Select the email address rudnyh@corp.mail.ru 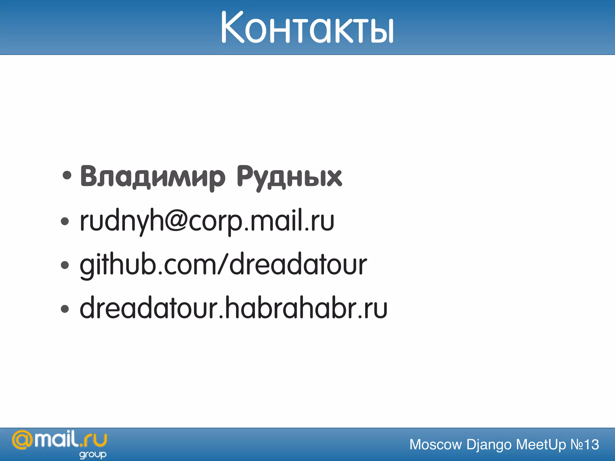(207, 221)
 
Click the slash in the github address (223, 265)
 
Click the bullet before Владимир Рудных (67, 176)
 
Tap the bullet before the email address (65, 221)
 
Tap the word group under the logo (93, 454)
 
